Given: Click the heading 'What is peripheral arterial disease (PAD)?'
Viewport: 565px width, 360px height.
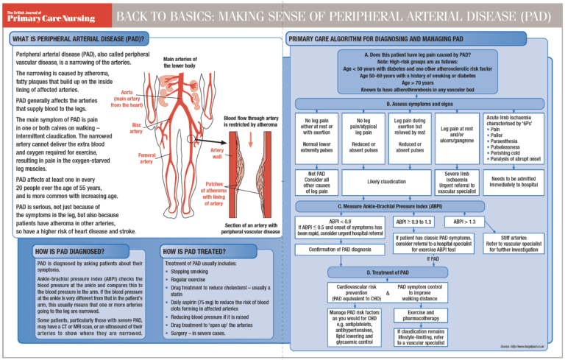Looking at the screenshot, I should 77,38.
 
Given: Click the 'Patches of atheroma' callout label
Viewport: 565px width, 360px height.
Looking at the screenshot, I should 213,191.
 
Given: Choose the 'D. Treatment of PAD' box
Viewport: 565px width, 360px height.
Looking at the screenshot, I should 377,273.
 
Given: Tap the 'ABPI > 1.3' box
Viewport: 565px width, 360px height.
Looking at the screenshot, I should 464,220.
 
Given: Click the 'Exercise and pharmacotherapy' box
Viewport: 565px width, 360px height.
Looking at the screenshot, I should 420,316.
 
